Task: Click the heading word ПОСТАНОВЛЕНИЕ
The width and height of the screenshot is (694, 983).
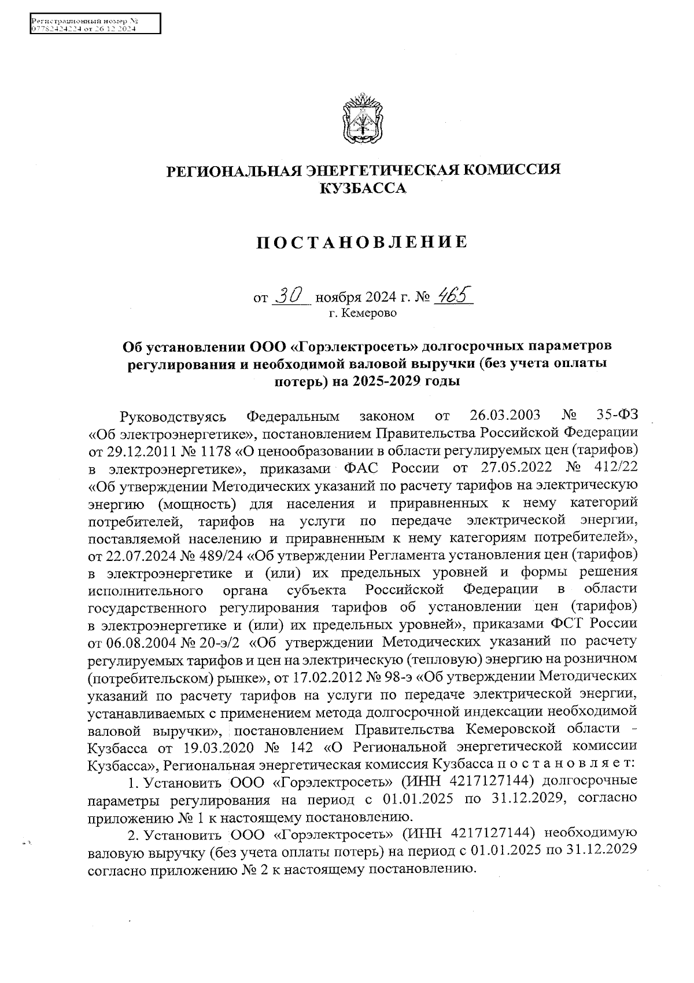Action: click(362, 242)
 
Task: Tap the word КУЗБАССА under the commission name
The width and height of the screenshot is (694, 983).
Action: click(363, 188)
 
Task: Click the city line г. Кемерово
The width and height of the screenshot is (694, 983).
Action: click(363, 313)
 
